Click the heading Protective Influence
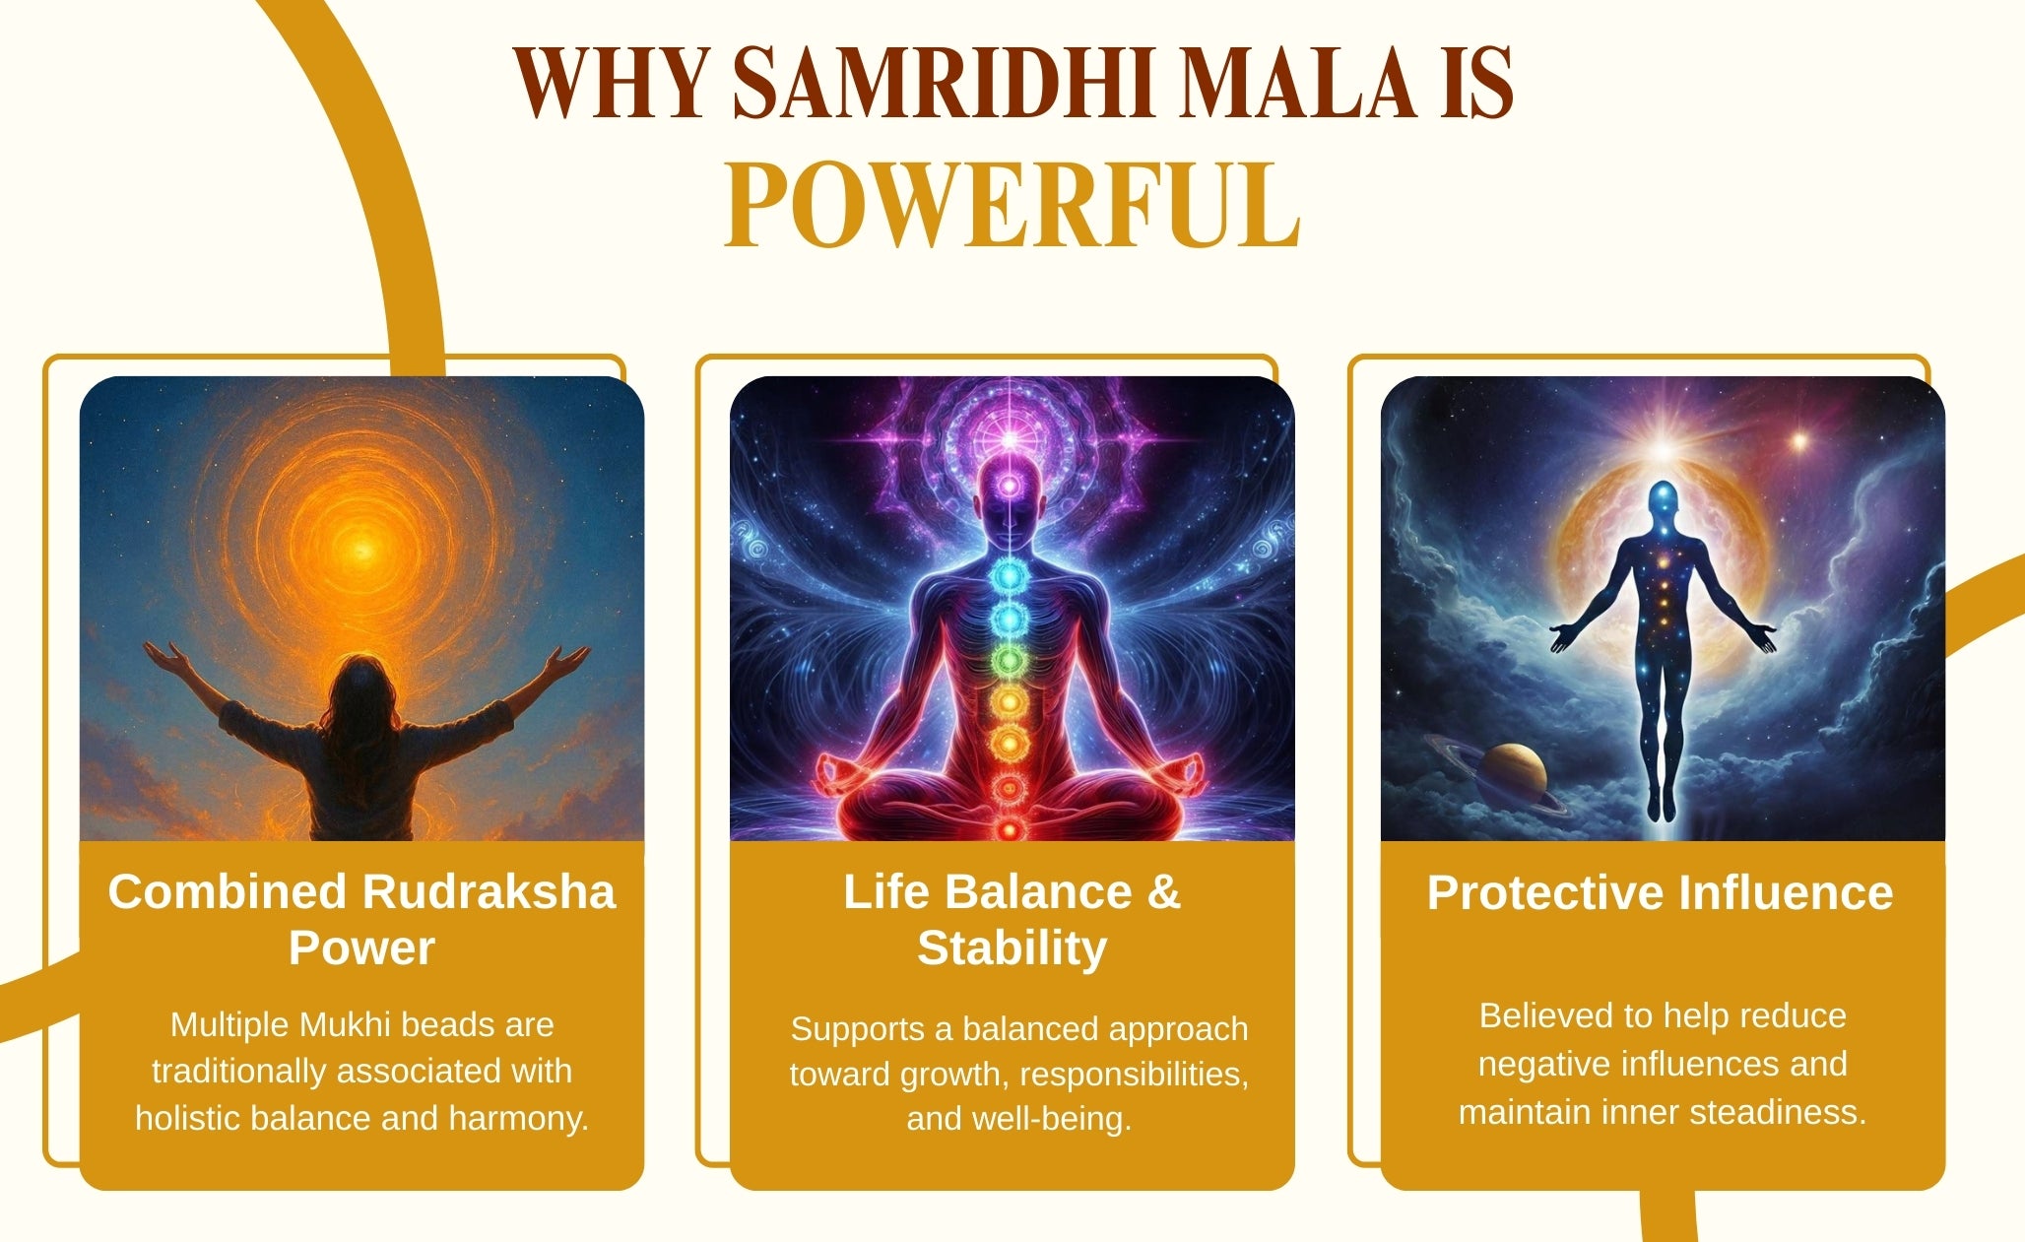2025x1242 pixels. [1661, 892]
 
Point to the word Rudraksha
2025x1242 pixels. [490, 891]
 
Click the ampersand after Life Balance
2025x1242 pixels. [1163, 891]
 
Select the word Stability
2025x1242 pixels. [1012, 948]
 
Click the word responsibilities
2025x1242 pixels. [1134, 1075]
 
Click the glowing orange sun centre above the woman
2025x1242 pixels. [362, 549]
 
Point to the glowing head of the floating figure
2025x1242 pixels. [1663, 496]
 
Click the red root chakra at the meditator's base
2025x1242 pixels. [1009, 829]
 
